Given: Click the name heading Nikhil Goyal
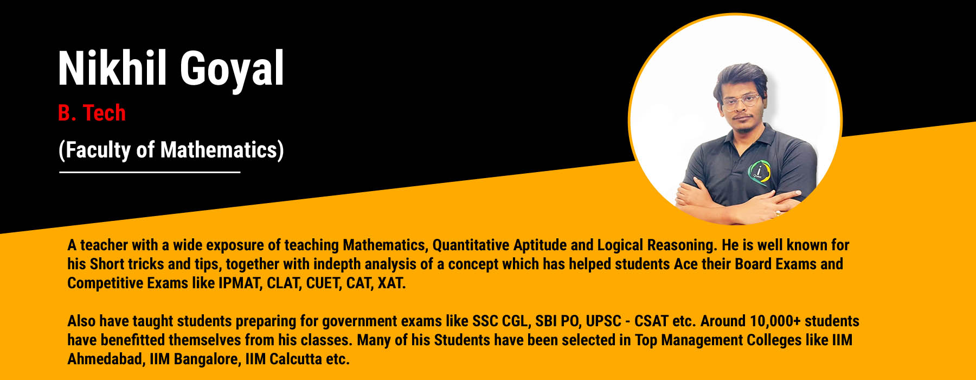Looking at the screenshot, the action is [x=171, y=68].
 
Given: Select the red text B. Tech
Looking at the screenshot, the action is [x=92, y=113].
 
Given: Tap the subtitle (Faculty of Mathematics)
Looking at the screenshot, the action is [x=171, y=150].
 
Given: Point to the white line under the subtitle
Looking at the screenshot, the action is [x=150, y=172].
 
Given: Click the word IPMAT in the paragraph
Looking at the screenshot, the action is [x=240, y=283].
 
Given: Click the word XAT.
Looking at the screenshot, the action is [x=391, y=283].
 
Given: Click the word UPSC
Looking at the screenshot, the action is [x=603, y=321].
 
